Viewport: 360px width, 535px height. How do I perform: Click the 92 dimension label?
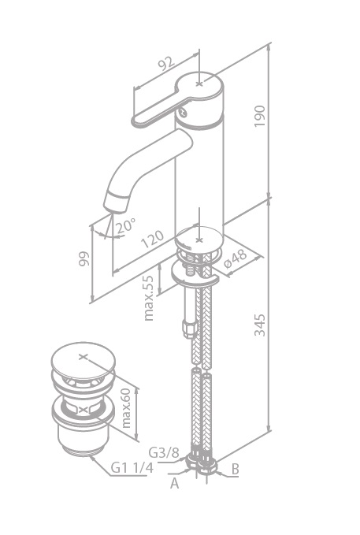tap(166, 63)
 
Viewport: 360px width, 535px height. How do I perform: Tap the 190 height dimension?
tap(260, 116)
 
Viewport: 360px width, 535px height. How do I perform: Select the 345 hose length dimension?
tap(260, 325)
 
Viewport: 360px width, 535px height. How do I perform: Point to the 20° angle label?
tap(126, 225)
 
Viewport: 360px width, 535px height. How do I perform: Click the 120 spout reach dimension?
tap(153, 240)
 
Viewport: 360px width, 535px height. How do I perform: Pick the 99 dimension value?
tap(84, 258)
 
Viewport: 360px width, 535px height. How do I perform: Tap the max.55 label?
tap(149, 298)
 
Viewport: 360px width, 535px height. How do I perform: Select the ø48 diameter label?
tap(235, 258)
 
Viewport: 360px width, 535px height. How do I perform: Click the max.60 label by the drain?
tap(126, 408)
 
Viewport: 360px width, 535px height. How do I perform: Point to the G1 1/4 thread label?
tap(132, 467)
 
